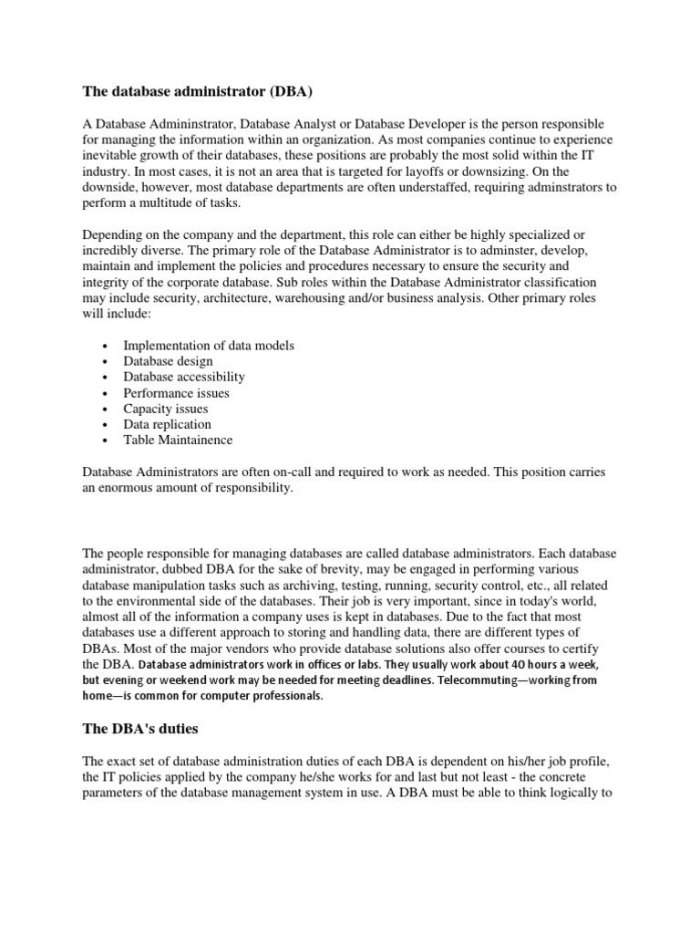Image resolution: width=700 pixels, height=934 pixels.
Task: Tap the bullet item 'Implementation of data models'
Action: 209,346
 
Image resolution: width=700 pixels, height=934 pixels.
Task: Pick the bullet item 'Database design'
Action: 169,361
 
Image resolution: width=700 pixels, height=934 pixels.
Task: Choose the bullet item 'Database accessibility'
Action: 184,377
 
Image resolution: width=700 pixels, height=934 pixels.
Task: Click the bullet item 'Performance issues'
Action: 177,393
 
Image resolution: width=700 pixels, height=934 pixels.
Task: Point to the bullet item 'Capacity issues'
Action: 166,409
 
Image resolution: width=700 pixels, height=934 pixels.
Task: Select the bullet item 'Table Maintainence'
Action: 178,440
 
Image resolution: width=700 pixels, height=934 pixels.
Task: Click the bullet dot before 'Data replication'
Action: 107,425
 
